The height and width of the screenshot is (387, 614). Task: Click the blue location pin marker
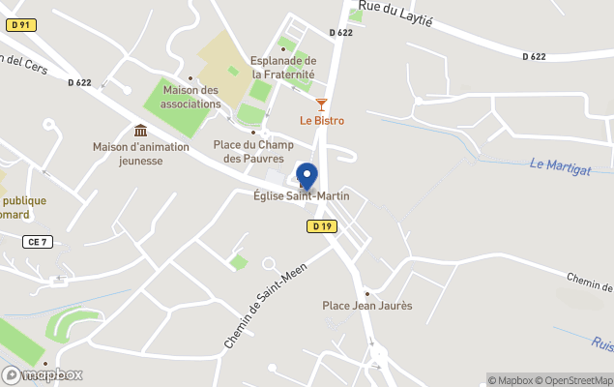coord(307,177)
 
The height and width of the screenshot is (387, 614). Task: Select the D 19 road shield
coord(322,225)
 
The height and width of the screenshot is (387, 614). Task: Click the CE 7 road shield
coord(38,242)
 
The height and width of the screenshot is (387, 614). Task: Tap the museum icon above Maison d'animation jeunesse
coord(141,131)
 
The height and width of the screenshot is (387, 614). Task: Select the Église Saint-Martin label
coord(301,196)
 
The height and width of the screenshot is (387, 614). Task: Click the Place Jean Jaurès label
coord(367,306)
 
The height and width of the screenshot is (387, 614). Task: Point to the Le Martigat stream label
coord(560,166)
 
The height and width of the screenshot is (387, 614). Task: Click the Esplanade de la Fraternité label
coord(283,66)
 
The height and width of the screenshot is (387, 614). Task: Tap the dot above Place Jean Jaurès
coord(367,292)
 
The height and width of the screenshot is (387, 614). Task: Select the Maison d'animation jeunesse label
coord(142,154)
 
